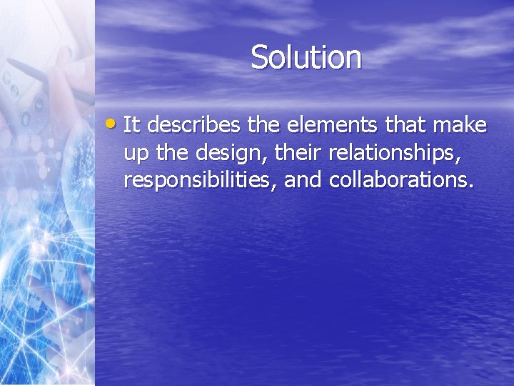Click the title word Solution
pos(306,57)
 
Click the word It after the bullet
pos(131,126)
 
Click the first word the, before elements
pos(266,126)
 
